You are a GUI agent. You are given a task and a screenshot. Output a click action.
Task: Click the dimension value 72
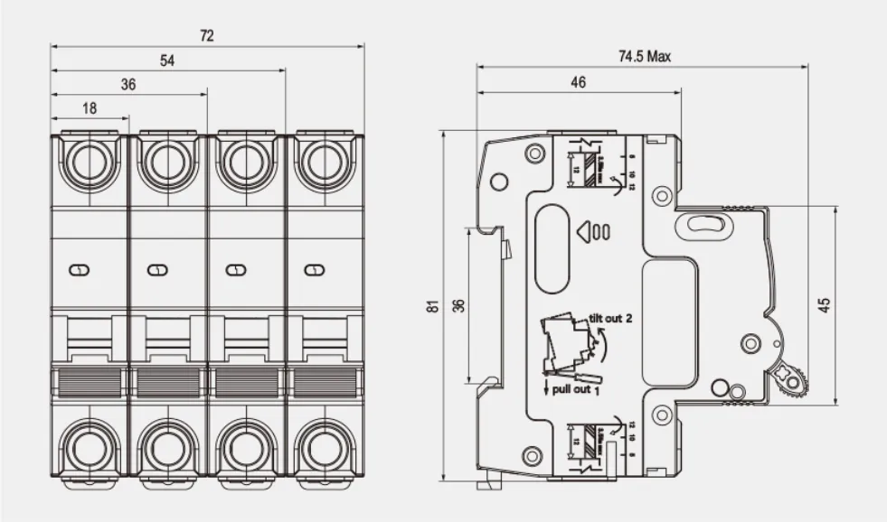tap(207, 36)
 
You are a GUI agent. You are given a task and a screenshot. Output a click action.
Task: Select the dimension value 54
tap(167, 61)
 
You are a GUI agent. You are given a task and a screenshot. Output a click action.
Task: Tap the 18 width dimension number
tap(90, 108)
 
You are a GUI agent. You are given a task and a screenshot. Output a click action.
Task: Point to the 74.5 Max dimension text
tap(645, 57)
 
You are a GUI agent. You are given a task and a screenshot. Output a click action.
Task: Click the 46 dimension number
tap(578, 82)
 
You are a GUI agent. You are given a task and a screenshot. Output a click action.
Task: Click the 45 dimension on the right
tap(824, 305)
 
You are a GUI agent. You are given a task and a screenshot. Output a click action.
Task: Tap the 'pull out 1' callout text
tap(571, 390)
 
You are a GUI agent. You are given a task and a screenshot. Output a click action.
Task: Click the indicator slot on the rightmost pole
tap(314, 269)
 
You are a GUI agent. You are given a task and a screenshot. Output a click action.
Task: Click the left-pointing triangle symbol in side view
tap(583, 231)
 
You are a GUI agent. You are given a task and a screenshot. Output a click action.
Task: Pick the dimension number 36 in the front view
tap(128, 84)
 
